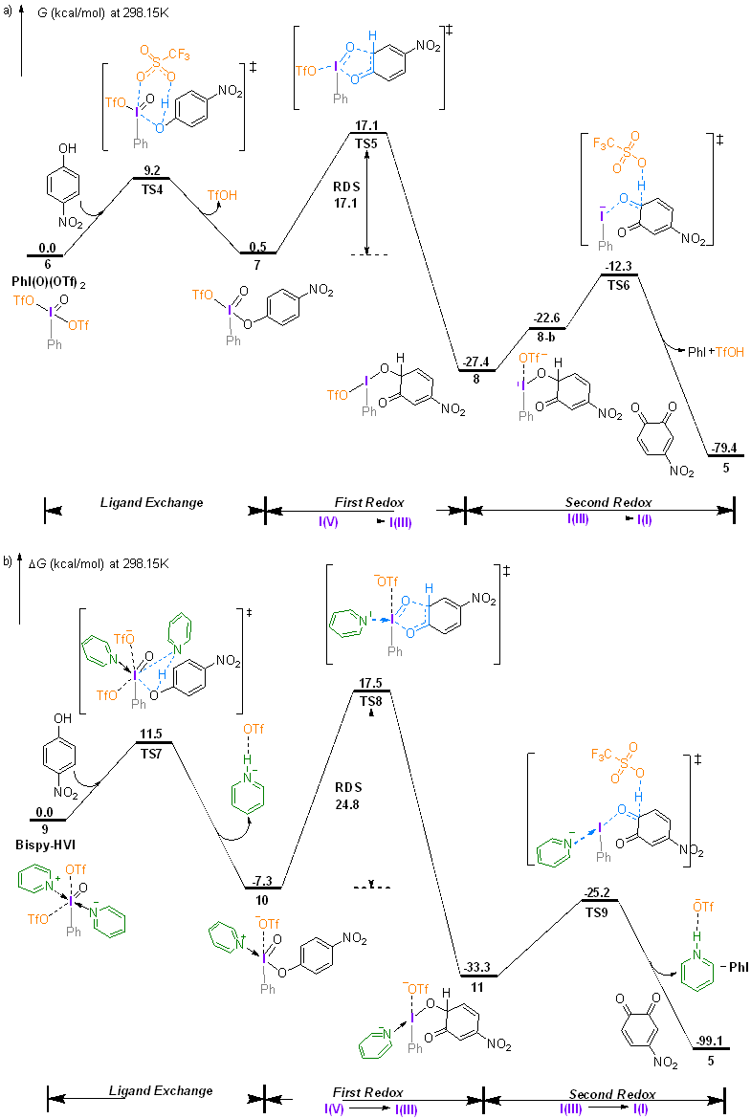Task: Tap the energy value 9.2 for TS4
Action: [151, 169]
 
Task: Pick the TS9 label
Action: [600, 910]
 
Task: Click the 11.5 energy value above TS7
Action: [151, 734]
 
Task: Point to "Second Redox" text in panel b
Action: [612, 1094]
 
